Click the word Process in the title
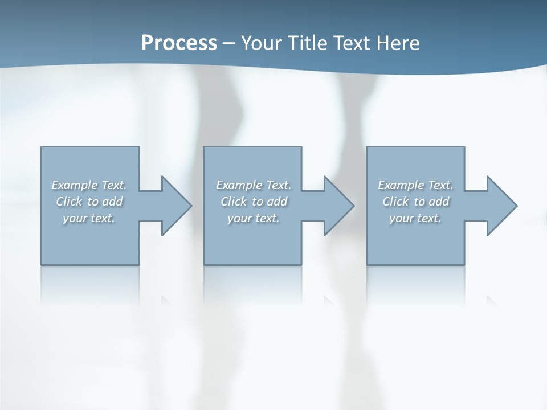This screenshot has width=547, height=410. tap(179, 43)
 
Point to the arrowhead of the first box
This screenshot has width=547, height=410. tap(176, 206)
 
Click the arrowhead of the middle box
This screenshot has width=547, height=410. tap(338, 206)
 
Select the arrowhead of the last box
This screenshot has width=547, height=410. tap(501, 206)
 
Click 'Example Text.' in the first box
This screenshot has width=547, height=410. tap(89, 185)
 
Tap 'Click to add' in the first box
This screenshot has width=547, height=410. tap(89, 202)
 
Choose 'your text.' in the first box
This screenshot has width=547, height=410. tap(89, 218)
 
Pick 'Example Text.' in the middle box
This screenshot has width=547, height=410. tap(254, 185)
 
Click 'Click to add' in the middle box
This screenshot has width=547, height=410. tap(254, 202)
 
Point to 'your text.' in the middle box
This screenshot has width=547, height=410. tap(254, 218)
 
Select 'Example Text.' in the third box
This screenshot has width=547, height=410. tap(415, 185)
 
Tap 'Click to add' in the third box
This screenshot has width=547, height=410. tap(415, 202)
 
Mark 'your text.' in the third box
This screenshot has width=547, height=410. tap(415, 218)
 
